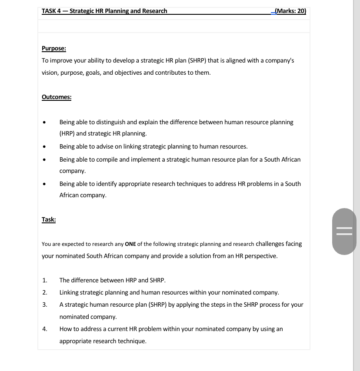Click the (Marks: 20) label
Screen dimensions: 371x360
290,11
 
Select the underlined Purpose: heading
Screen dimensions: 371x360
54,48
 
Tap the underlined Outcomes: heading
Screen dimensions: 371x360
57,97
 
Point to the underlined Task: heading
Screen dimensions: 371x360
49,219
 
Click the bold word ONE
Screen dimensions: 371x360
130,244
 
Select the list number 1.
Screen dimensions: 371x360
44,280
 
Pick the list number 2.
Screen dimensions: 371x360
44,292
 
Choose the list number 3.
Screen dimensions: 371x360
44,305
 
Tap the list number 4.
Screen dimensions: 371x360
44,329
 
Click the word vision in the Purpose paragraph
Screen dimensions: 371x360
50,73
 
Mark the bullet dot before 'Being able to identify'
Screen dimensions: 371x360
44,184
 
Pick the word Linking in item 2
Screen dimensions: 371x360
70,292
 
